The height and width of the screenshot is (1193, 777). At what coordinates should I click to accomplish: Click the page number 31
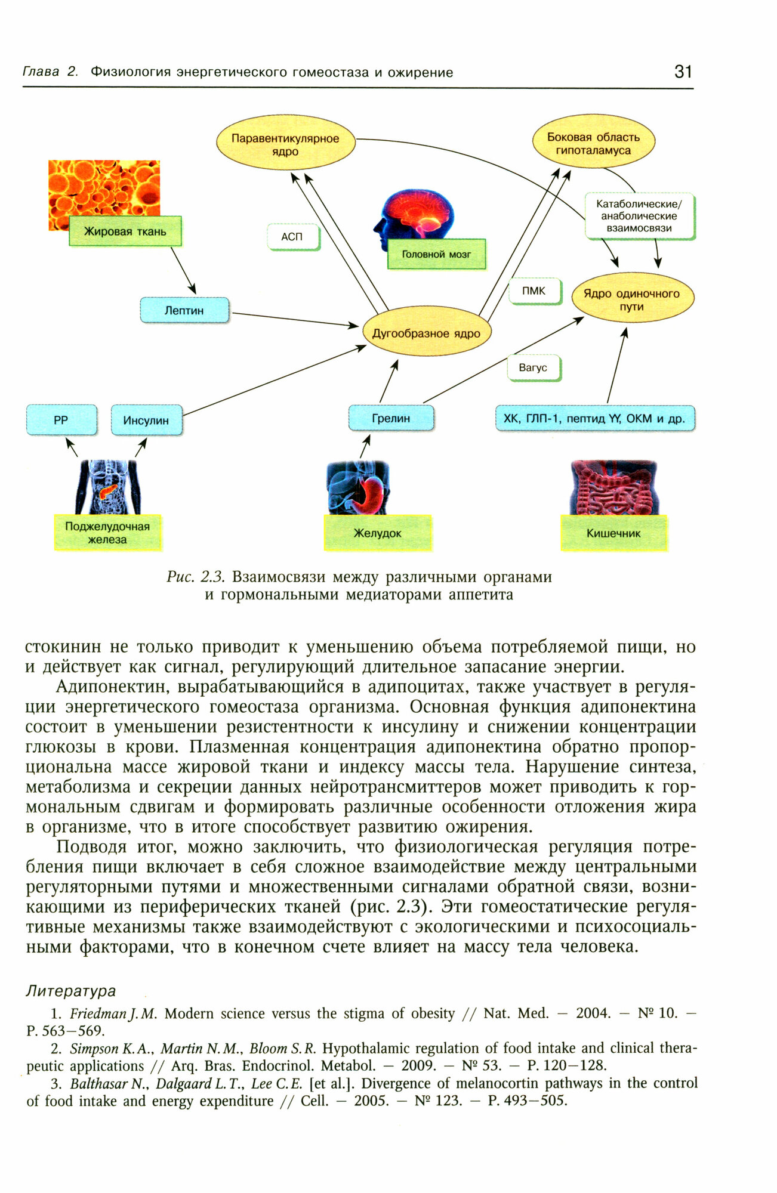click(683, 72)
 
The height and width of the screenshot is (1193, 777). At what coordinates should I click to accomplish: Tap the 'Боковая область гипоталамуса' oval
click(593, 143)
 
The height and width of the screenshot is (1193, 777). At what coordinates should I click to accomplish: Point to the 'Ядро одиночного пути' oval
click(632, 299)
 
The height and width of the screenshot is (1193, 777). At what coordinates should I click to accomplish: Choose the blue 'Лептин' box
click(184, 310)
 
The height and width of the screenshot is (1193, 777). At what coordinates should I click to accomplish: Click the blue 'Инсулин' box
click(146, 420)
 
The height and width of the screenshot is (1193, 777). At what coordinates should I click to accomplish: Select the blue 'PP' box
click(61, 420)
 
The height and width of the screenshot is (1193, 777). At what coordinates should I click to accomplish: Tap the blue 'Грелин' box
click(391, 418)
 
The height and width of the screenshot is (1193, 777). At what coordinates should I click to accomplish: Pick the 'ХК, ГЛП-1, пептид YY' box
click(594, 419)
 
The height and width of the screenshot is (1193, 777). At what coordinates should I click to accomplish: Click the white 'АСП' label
click(292, 237)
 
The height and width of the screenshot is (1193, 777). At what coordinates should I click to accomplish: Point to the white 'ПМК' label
click(534, 291)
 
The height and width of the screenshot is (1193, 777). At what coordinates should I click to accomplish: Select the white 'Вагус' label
click(533, 367)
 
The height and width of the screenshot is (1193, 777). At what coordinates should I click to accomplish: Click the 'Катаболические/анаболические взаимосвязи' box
click(639, 216)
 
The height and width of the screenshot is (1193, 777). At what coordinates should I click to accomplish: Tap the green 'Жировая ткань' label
click(125, 231)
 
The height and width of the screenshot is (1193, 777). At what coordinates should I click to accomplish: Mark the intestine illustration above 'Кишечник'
click(613, 487)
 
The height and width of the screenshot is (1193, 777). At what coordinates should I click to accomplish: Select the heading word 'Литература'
click(70, 991)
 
